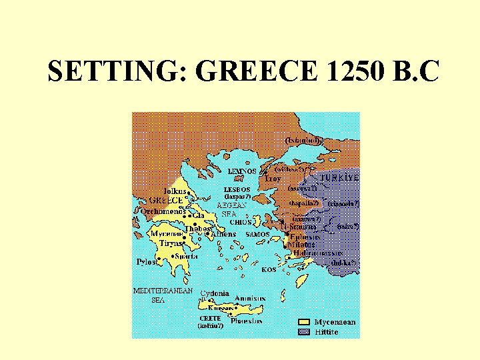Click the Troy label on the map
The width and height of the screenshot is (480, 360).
[x=273, y=179]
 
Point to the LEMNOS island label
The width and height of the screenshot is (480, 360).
[x=241, y=171]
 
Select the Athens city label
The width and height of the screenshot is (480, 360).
[x=223, y=235]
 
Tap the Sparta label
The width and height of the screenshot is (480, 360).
[x=187, y=256]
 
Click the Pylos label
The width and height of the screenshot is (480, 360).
[x=147, y=262]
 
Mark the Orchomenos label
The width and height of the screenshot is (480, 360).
[x=162, y=211]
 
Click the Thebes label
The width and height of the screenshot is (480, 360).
[x=198, y=228]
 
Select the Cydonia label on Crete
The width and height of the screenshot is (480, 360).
[x=215, y=293]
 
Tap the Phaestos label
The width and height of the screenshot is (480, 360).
[x=246, y=321]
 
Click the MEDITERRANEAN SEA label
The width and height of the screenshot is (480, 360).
[x=163, y=295]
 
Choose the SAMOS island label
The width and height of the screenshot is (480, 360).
[x=257, y=235]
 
